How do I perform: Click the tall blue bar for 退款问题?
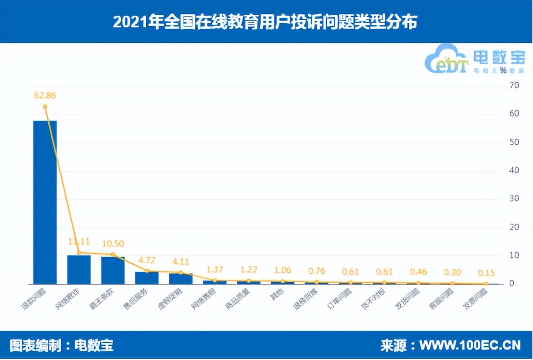[x=45, y=202]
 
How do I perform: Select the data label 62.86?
[x=45, y=95]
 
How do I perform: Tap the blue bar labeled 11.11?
[x=79, y=270]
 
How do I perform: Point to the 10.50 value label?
[x=113, y=243]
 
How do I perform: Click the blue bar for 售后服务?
[x=147, y=278]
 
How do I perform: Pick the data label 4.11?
[x=181, y=262]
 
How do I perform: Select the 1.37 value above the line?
[x=215, y=269]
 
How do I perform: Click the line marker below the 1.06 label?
[x=283, y=281]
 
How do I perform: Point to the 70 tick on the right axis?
[x=514, y=86]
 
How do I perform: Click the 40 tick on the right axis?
[x=514, y=170]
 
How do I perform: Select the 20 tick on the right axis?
[x=514, y=227]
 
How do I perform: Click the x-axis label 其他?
[x=279, y=294]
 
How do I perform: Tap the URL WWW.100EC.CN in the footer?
[x=470, y=346]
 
